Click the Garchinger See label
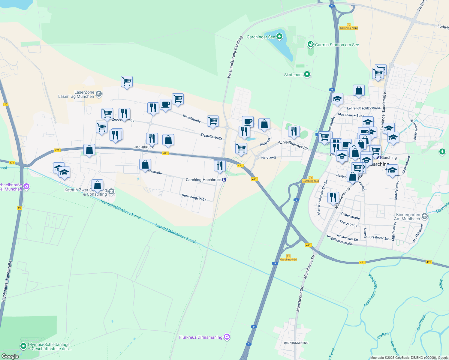[x=261, y=37]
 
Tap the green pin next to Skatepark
[x=307, y=74]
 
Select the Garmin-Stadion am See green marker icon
[x=311, y=45]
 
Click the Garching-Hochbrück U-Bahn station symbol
[x=224, y=180]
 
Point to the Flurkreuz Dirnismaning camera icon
[x=227, y=337]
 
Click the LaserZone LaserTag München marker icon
[x=99, y=94]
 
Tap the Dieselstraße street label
[x=191, y=118]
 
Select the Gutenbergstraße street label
[x=194, y=197]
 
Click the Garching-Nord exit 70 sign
[x=348, y=26]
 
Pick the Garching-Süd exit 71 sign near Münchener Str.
[x=288, y=258]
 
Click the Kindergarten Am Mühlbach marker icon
[x=424, y=216]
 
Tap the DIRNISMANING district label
[x=296, y=343]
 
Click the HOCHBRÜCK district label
[x=143, y=147]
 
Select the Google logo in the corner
[x=10, y=356]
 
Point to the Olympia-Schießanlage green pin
[x=23, y=346]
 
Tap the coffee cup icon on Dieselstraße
[x=165, y=105]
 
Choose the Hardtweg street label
[x=268, y=157]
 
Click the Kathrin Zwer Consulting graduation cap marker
[x=111, y=192]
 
